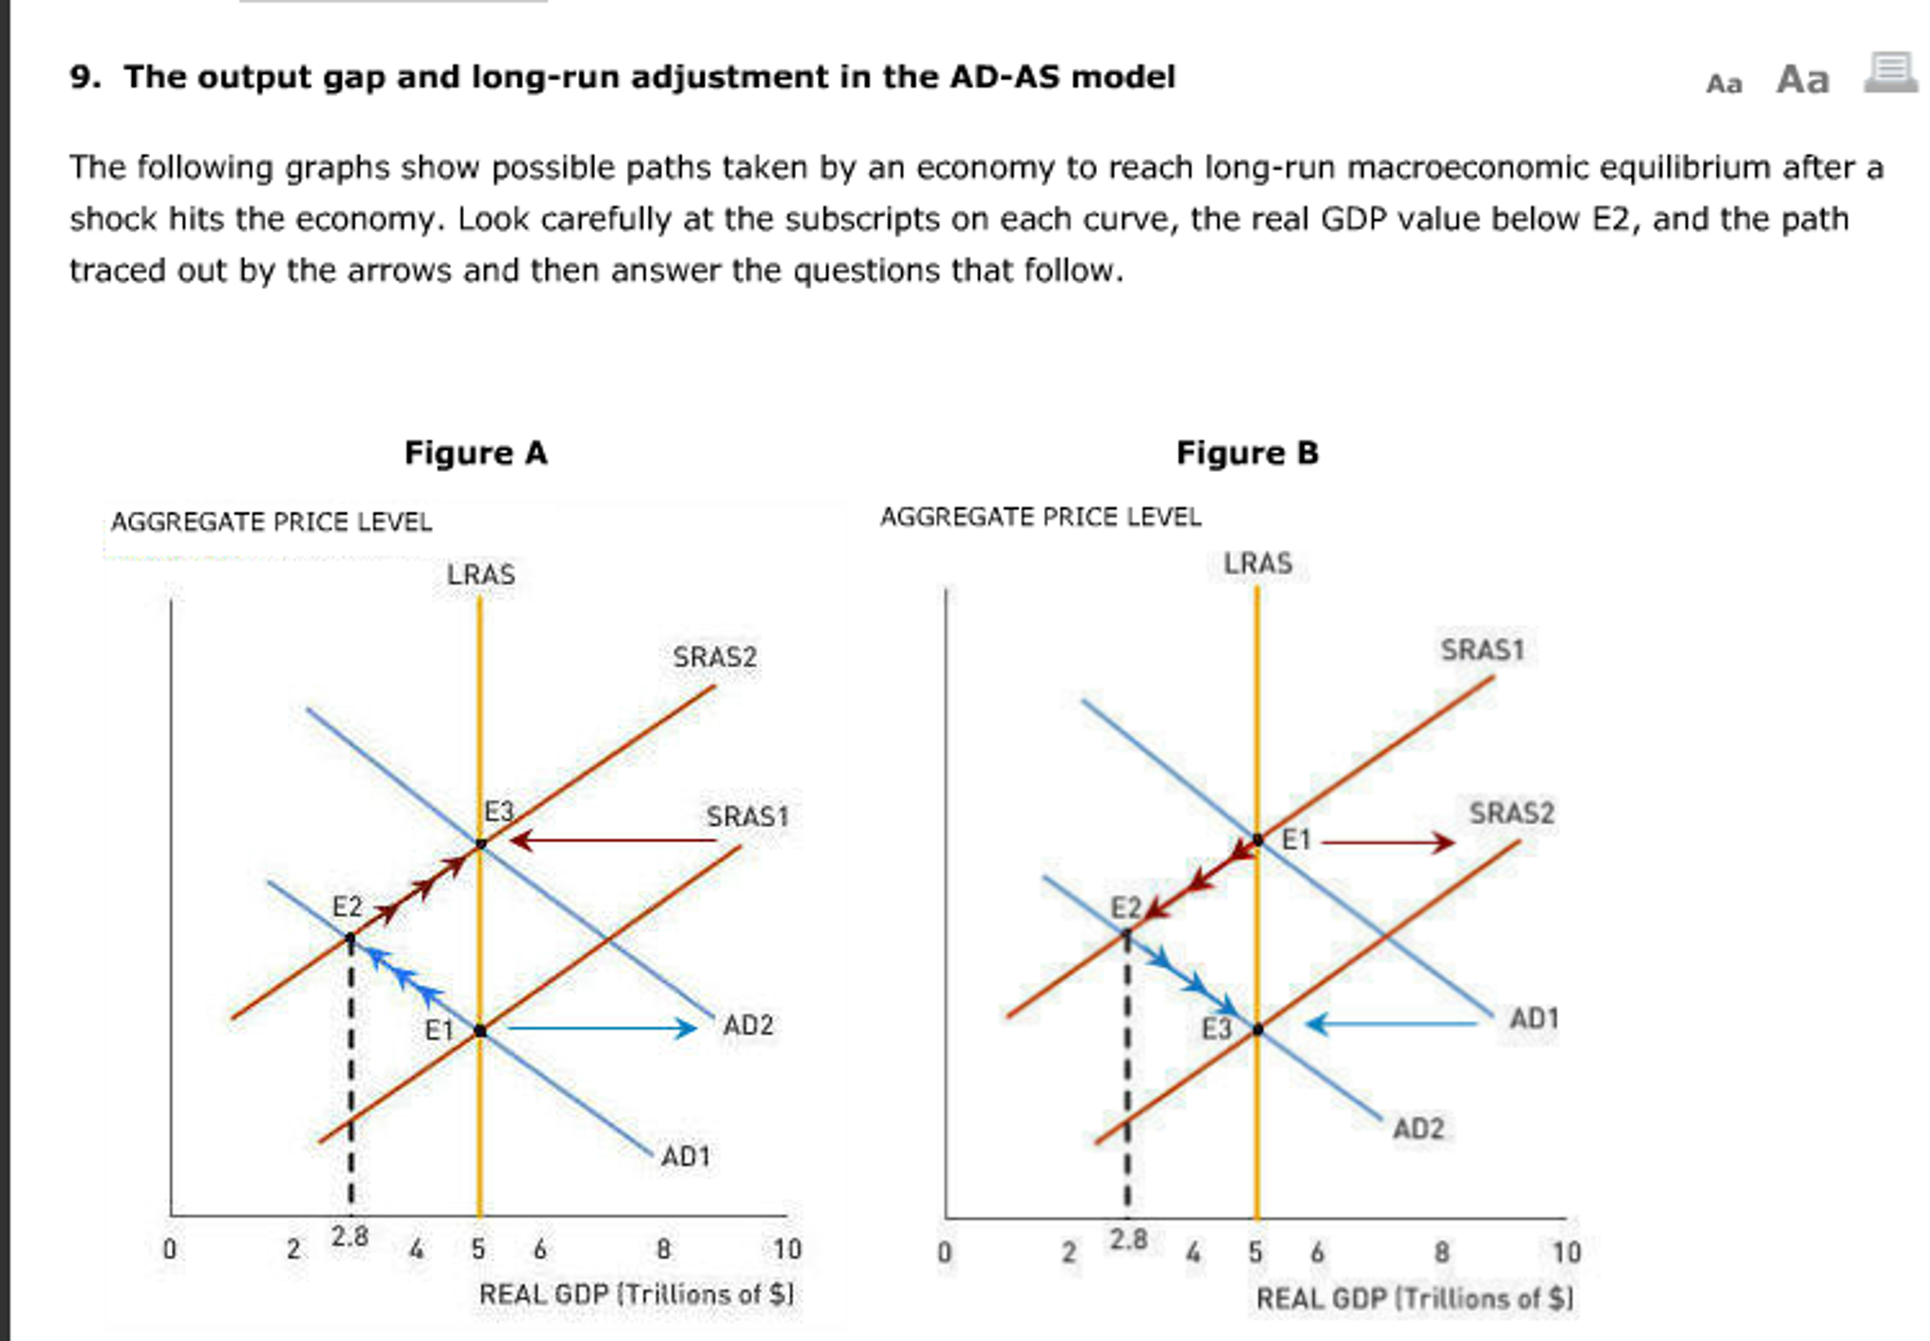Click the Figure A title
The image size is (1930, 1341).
coord(475,453)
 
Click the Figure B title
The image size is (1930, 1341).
coord(1246,453)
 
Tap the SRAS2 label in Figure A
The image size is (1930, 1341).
coord(714,657)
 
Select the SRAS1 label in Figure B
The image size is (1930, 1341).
coord(1482,650)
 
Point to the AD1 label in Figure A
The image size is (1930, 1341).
coord(685,1156)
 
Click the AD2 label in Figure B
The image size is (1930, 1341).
coord(1418,1129)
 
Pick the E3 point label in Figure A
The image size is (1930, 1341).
coord(498,812)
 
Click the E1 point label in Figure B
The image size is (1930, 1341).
coord(1296,840)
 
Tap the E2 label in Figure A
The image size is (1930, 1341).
coord(347,907)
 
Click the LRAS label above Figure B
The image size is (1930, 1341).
coord(1257,563)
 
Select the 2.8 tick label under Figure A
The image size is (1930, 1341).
coord(350,1237)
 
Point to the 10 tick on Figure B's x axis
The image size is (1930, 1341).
coord(1565,1252)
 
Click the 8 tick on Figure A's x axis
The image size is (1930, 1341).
coord(663,1249)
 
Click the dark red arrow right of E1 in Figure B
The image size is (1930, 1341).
coord(1387,841)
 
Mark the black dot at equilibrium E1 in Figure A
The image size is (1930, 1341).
coord(480,1031)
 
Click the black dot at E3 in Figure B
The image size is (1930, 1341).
coord(1257,1030)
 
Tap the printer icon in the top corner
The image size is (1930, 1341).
coord(1890,73)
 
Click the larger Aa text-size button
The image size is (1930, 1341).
coord(1802,80)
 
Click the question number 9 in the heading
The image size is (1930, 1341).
coord(84,77)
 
